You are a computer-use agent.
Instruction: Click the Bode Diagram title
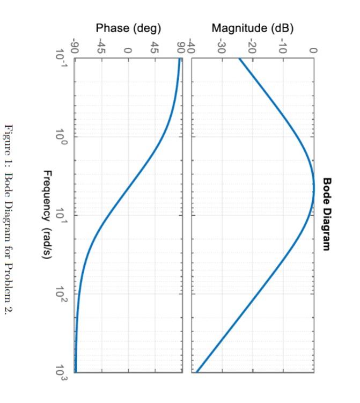327,214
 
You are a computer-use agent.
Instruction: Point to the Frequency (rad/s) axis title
47,214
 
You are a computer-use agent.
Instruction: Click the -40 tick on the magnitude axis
192,48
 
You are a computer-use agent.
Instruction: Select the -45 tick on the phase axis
101,48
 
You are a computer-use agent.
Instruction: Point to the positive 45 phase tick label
155,48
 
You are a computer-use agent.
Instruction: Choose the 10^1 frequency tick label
63,215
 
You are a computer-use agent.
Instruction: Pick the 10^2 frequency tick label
63,294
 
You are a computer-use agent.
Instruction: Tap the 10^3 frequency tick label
63,372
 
